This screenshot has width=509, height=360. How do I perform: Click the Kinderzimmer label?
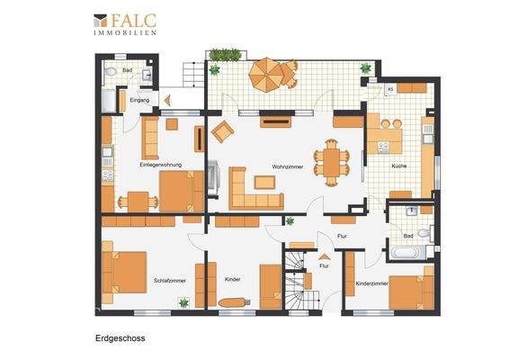372,283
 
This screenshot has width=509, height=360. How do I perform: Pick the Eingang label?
138,101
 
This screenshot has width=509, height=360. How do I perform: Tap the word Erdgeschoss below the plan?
121,339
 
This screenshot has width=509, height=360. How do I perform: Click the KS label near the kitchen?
390,89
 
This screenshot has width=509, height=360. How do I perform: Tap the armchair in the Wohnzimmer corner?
221,133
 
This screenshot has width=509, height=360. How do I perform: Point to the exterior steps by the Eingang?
192,71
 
